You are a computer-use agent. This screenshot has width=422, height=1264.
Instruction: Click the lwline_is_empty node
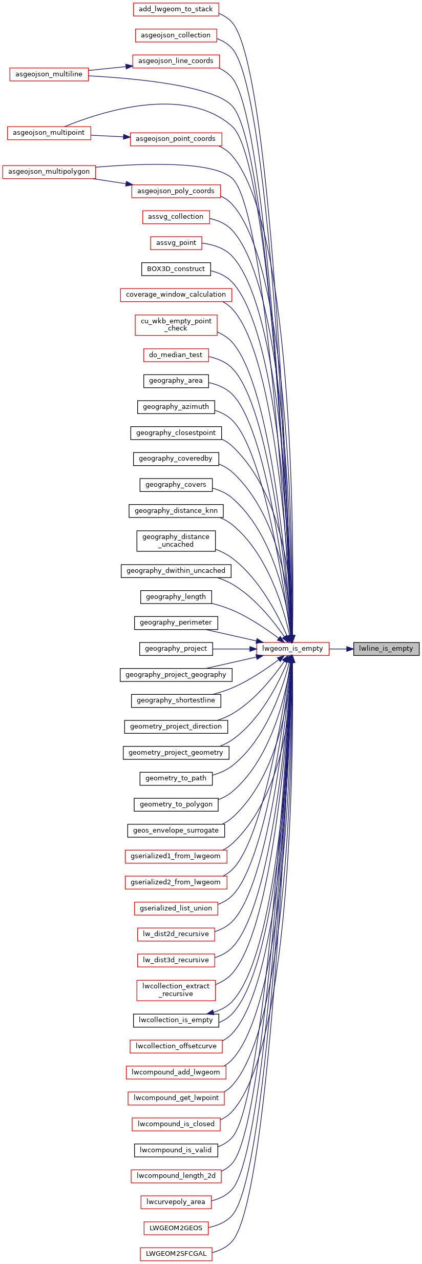386,649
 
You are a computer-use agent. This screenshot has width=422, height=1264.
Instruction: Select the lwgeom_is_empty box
292,649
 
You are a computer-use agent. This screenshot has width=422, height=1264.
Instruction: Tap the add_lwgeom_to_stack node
176,9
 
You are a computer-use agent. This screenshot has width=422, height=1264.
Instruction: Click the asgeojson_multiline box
49,74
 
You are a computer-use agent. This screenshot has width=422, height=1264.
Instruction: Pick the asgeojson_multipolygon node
49,172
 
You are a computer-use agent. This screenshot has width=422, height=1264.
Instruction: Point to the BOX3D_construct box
176,269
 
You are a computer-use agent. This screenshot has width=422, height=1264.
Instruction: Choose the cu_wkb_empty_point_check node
176,325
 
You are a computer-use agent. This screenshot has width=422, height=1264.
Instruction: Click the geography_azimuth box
176,407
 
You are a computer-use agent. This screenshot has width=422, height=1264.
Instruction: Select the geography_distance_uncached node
176,541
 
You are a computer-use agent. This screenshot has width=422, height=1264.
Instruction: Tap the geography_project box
176,649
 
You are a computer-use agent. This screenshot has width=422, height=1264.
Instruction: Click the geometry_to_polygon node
176,804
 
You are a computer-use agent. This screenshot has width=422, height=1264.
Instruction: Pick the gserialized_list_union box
176,908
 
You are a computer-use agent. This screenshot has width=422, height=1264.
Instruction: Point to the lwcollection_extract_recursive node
176,990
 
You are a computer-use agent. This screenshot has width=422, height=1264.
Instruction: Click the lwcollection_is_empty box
176,1020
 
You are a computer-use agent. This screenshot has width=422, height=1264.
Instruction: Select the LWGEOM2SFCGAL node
176,1254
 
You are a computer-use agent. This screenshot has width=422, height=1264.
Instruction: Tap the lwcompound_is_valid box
176,1150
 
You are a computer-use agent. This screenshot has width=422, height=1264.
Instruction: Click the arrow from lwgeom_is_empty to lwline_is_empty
341,649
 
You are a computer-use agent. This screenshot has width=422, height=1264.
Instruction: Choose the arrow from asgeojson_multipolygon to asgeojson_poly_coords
114,182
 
